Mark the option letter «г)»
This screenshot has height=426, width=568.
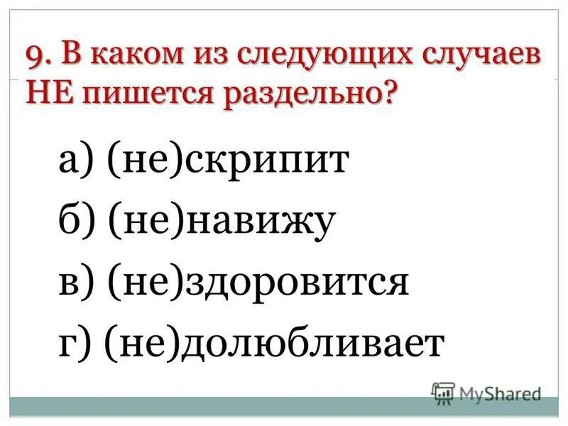click(x=74, y=345)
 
